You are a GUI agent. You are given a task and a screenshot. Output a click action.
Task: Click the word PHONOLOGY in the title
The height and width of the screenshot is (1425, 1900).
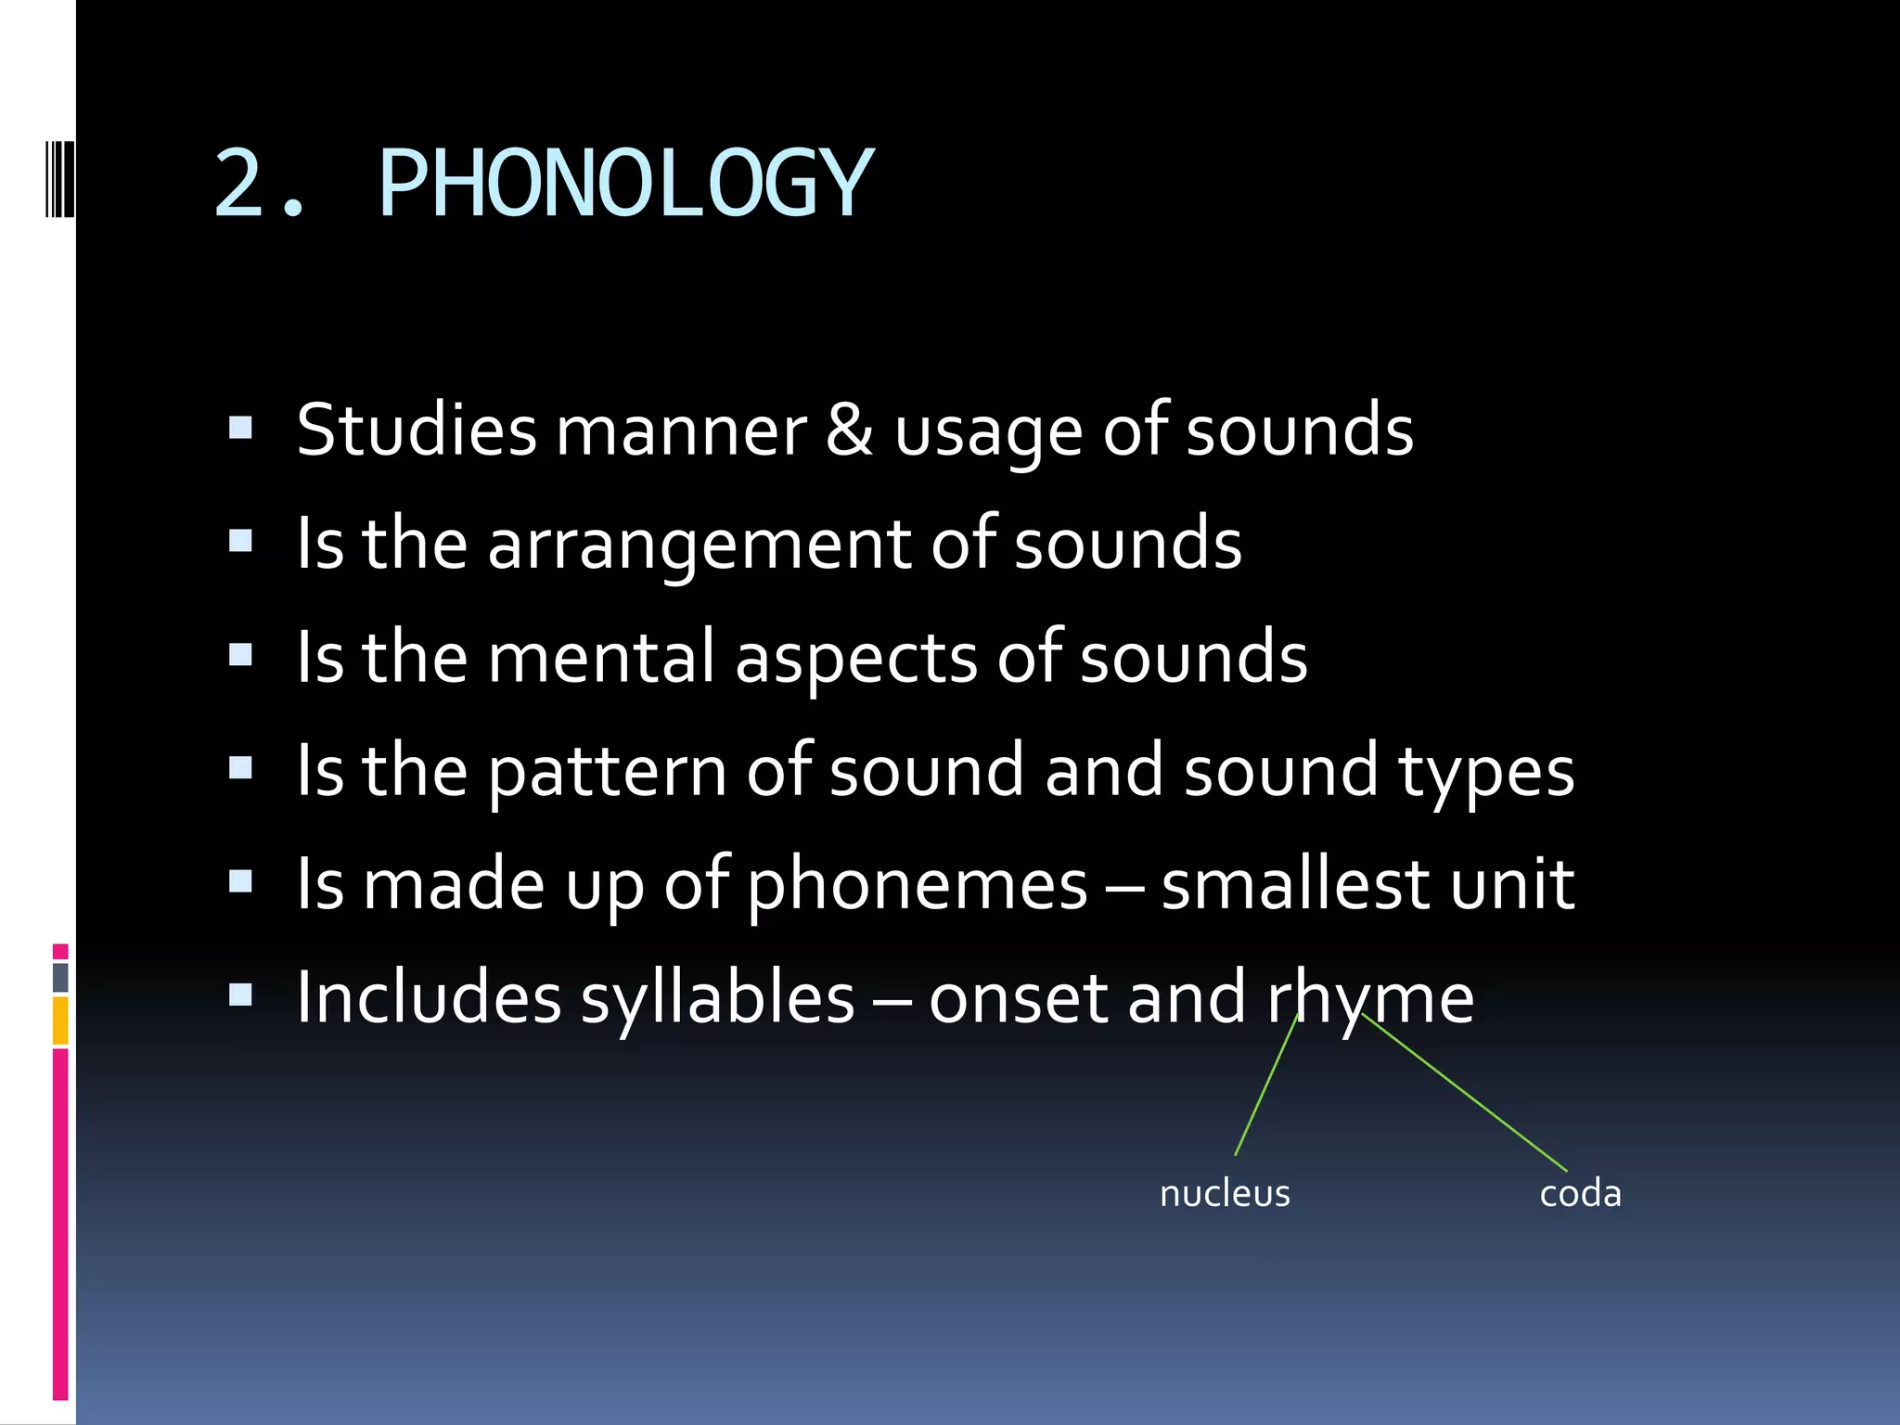(626, 183)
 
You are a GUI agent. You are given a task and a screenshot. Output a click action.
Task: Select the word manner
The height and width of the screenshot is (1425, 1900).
(681, 431)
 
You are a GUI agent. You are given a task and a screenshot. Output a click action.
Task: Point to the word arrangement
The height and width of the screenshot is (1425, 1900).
(700, 546)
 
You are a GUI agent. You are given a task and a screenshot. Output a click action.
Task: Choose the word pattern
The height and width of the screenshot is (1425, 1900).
(608, 772)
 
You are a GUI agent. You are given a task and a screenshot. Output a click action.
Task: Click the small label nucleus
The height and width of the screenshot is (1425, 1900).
(1225, 1193)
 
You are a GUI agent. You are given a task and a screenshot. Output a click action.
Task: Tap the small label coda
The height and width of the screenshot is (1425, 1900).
(1580, 1193)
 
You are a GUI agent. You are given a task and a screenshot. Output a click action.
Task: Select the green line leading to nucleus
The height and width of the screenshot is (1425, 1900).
(1265, 1085)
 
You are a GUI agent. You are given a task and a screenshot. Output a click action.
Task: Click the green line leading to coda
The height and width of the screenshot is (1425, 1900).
(1464, 1093)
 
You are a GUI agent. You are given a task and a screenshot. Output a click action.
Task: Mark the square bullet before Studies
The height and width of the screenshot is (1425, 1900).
(240, 428)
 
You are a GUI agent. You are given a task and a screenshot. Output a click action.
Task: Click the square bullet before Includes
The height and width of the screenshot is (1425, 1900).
(240, 995)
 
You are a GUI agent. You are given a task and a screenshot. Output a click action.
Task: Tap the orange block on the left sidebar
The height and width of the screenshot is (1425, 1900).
(60, 1021)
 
